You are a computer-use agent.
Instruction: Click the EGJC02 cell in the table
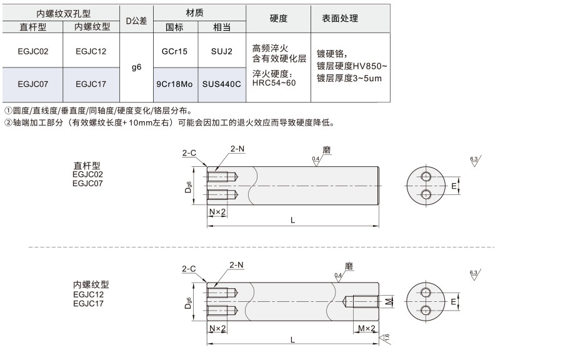pyautogui.click(x=33, y=51)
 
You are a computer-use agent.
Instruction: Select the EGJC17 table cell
pyautogui.click(x=91, y=84)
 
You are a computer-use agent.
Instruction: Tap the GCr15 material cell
pyautogui.click(x=174, y=51)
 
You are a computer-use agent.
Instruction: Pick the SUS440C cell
pyautogui.click(x=222, y=84)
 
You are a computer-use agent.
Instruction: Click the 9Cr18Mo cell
pyautogui.click(x=174, y=84)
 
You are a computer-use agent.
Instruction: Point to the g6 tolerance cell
pyautogui.click(x=137, y=67)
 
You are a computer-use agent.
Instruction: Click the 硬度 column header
pyautogui.click(x=279, y=18)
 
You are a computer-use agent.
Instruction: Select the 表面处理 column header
pyautogui.click(x=340, y=18)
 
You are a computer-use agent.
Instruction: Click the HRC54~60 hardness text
pyautogui.click(x=274, y=82)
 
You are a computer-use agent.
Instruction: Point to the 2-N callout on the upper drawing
pyautogui.click(x=237, y=149)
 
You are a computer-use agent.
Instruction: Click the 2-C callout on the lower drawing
pyautogui.click(x=189, y=269)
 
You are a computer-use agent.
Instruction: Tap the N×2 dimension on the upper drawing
pyautogui.click(x=217, y=211)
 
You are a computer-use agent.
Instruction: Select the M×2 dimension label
pyautogui.click(x=367, y=328)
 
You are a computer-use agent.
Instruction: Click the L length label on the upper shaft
pyautogui.click(x=292, y=220)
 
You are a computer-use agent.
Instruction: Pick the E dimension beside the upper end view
pyautogui.click(x=454, y=186)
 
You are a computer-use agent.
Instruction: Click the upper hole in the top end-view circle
pyautogui.click(x=426, y=177)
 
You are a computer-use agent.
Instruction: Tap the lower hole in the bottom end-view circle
pyautogui.click(x=426, y=310)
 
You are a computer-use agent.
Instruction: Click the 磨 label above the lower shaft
pyautogui.click(x=349, y=266)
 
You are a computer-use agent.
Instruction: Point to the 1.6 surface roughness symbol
pyautogui.click(x=385, y=339)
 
